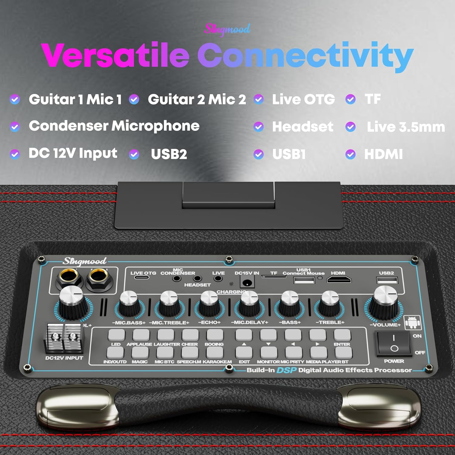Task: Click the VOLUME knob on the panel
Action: point(385,303)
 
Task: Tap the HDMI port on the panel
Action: point(339,280)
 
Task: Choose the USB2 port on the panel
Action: point(387,280)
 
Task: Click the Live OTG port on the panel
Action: point(142,277)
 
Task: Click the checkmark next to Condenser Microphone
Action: point(15,126)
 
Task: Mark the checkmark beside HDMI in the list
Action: point(350,154)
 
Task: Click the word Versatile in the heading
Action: point(115,55)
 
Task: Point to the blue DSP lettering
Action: point(286,370)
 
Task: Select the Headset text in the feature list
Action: point(303,126)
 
